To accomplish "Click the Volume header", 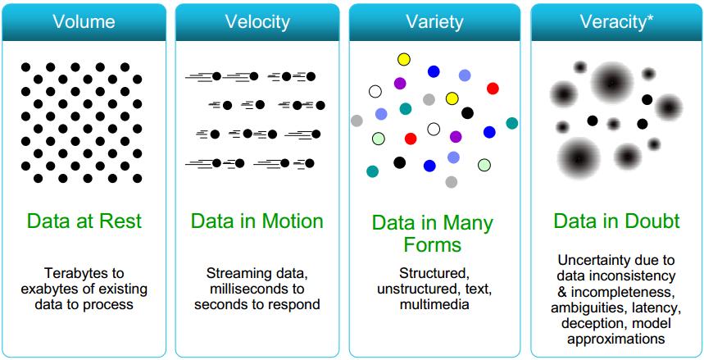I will (84, 22).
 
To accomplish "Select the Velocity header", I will (257, 22).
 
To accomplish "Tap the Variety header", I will (434, 22).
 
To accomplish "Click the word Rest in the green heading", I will (122, 221).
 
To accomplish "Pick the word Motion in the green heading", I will (293, 221).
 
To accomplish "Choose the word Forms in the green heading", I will (432, 244).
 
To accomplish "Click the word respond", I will (294, 305).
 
